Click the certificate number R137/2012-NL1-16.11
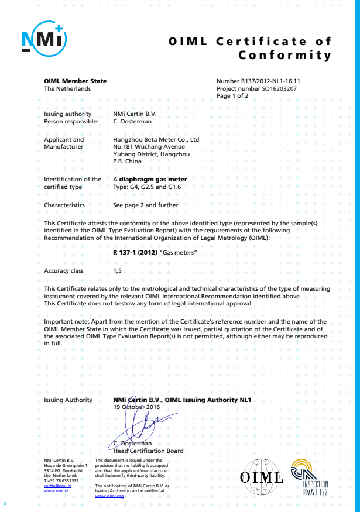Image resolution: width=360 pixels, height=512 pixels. click(258, 81)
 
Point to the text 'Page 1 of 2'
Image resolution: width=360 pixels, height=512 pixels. click(232, 95)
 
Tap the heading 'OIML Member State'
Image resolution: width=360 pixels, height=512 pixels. click(75, 81)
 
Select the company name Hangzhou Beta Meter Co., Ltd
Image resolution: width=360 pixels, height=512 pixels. click(156, 140)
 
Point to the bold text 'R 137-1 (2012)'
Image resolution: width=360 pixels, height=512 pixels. click(135, 253)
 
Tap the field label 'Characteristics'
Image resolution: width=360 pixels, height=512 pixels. click(64, 205)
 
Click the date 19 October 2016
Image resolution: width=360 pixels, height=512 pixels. click(136, 407)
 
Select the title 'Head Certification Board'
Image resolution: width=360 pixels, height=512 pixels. click(148, 451)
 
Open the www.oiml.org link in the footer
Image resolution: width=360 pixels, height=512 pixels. click(109, 496)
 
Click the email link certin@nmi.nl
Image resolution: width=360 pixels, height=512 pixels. click(57, 486)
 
